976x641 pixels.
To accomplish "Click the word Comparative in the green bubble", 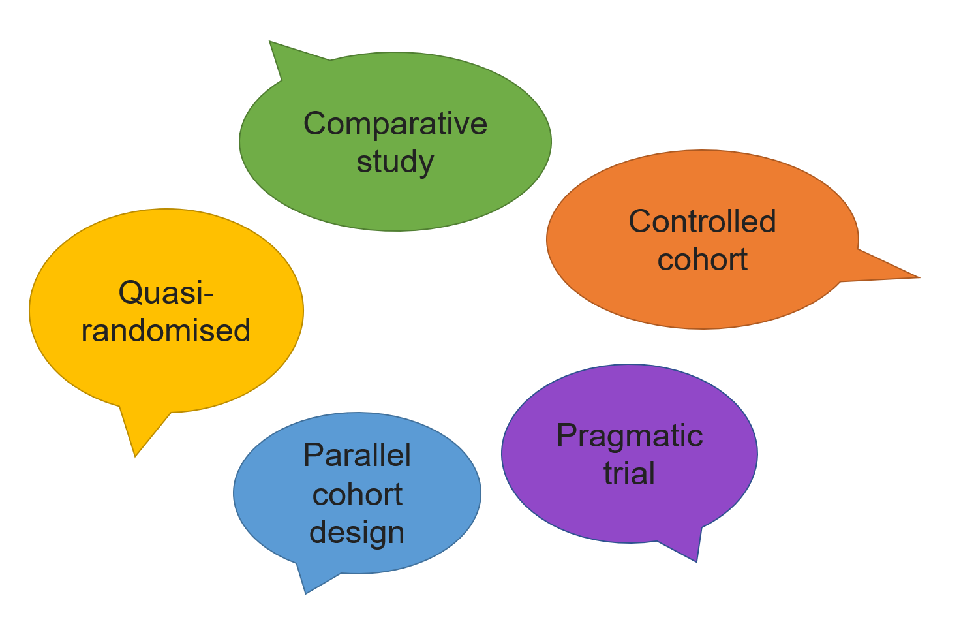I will pyautogui.click(x=395, y=123).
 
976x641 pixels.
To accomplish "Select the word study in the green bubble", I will pyautogui.click(x=395, y=162).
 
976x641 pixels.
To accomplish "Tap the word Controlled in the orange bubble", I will pyautogui.click(x=702, y=221).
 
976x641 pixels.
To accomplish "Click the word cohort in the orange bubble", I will pyautogui.click(x=702, y=259).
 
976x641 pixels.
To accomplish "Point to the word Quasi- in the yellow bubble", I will pyautogui.click(x=166, y=292).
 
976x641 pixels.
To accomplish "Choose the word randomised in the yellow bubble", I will pyautogui.click(x=166, y=330).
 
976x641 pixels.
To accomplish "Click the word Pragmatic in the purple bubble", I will pyautogui.click(x=629, y=435).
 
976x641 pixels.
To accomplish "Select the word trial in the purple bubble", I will pyautogui.click(x=629, y=473).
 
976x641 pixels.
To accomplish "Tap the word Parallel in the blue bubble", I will pyautogui.click(x=357, y=455).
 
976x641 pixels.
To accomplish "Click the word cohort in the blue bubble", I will pyautogui.click(x=357, y=494).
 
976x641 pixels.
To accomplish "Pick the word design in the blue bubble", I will pyautogui.click(x=357, y=532).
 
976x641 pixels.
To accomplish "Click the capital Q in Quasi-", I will pyautogui.click(x=130, y=292).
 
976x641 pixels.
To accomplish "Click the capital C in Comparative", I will pyautogui.click(x=316, y=123).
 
